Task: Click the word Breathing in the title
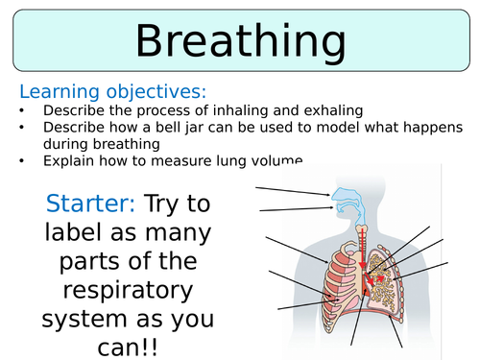pos(240,42)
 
